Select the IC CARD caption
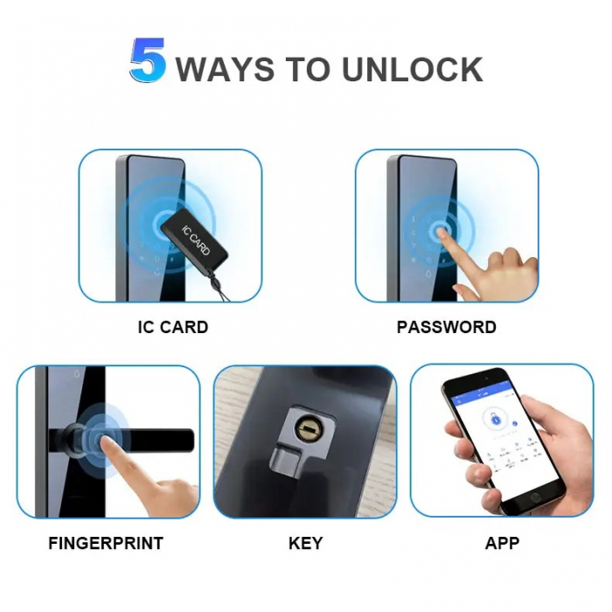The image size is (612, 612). [x=173, y=328]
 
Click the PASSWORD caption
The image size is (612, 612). [x=446, y=328]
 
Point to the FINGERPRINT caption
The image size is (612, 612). [x=106, y=543]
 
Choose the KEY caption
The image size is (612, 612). [x=305, y=543]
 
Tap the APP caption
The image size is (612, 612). [x=502, y=543]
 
